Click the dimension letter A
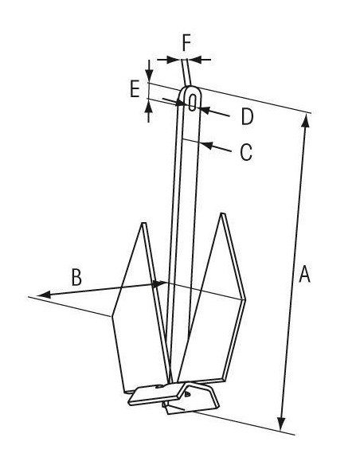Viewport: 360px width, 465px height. tap(304, 274)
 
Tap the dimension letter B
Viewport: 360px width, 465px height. tap(76, 277)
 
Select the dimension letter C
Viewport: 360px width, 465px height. tap(246, 152)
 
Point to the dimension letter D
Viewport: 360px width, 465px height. tap(248, 116)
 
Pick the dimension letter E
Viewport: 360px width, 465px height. tap(135, 88)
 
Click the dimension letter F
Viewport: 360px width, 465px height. tap(186, 43)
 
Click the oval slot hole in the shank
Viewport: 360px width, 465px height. tap(193, 102)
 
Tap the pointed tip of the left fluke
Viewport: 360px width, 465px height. tap(144, 223)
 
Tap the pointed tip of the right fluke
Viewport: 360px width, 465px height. tap(223, 214)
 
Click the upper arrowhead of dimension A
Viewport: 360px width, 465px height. tap(307, 120)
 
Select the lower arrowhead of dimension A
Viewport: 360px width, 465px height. tap(281, 424)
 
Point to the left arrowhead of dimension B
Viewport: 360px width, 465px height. tap(44, 295)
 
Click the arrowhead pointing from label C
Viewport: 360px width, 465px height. tap(207, 145)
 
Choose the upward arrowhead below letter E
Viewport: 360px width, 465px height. tap(149, 107)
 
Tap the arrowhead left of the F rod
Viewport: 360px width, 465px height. tap(174, 59)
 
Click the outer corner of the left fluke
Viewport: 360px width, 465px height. tap(112, 316)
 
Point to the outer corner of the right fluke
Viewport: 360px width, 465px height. tap(245, 300)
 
